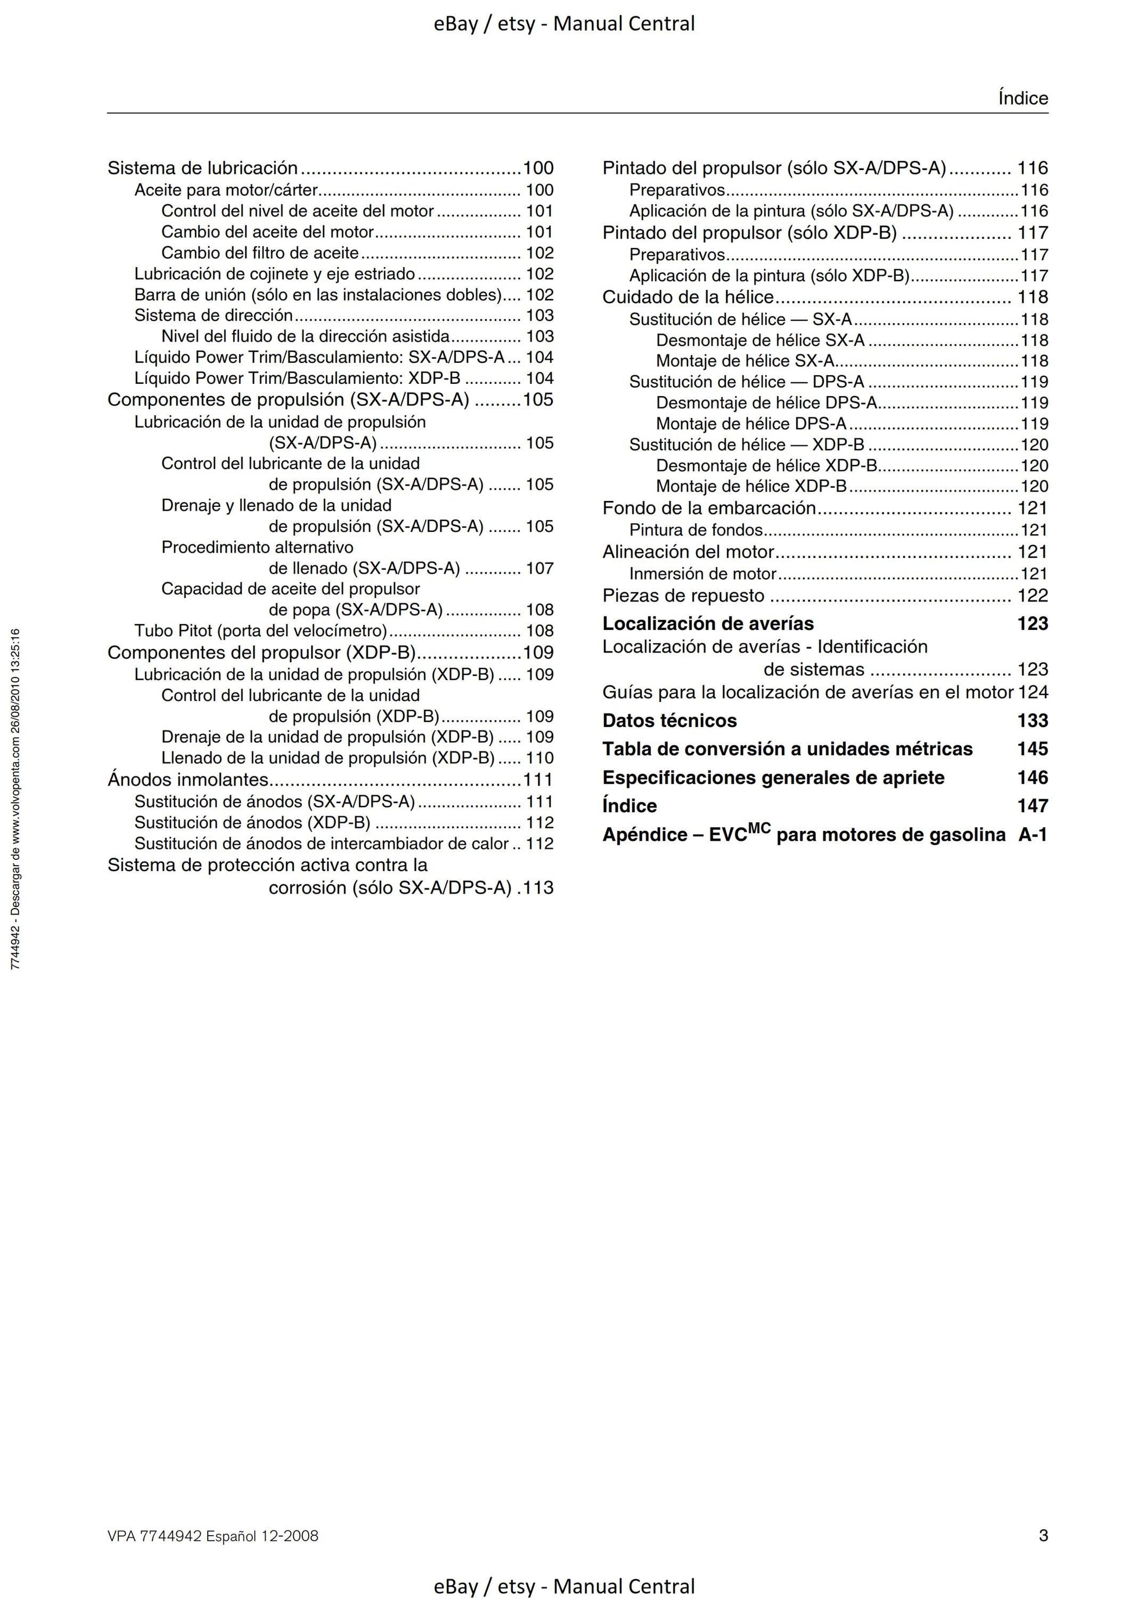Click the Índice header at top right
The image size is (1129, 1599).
[1022, 98]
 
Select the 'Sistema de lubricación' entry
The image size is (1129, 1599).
[202, 168]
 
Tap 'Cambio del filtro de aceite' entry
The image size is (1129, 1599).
[260, 253]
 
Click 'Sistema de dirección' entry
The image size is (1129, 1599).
[213, 315]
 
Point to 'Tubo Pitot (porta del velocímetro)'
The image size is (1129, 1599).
[260, 631]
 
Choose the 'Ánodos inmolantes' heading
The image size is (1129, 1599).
[187, 779]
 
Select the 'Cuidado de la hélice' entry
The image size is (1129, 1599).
[687, 297]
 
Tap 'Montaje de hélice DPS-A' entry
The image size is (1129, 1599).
[751, 423]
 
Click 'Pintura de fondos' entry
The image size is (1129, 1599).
[696, 530]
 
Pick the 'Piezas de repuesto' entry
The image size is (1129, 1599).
[683, 596]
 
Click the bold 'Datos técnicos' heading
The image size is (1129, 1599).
[669, 720]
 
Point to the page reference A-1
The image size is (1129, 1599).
[1032, 834]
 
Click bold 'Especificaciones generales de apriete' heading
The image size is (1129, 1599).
[773, 777]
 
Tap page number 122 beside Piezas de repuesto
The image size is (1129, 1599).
[1032, 596]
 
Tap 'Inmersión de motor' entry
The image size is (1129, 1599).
[703, 574]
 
